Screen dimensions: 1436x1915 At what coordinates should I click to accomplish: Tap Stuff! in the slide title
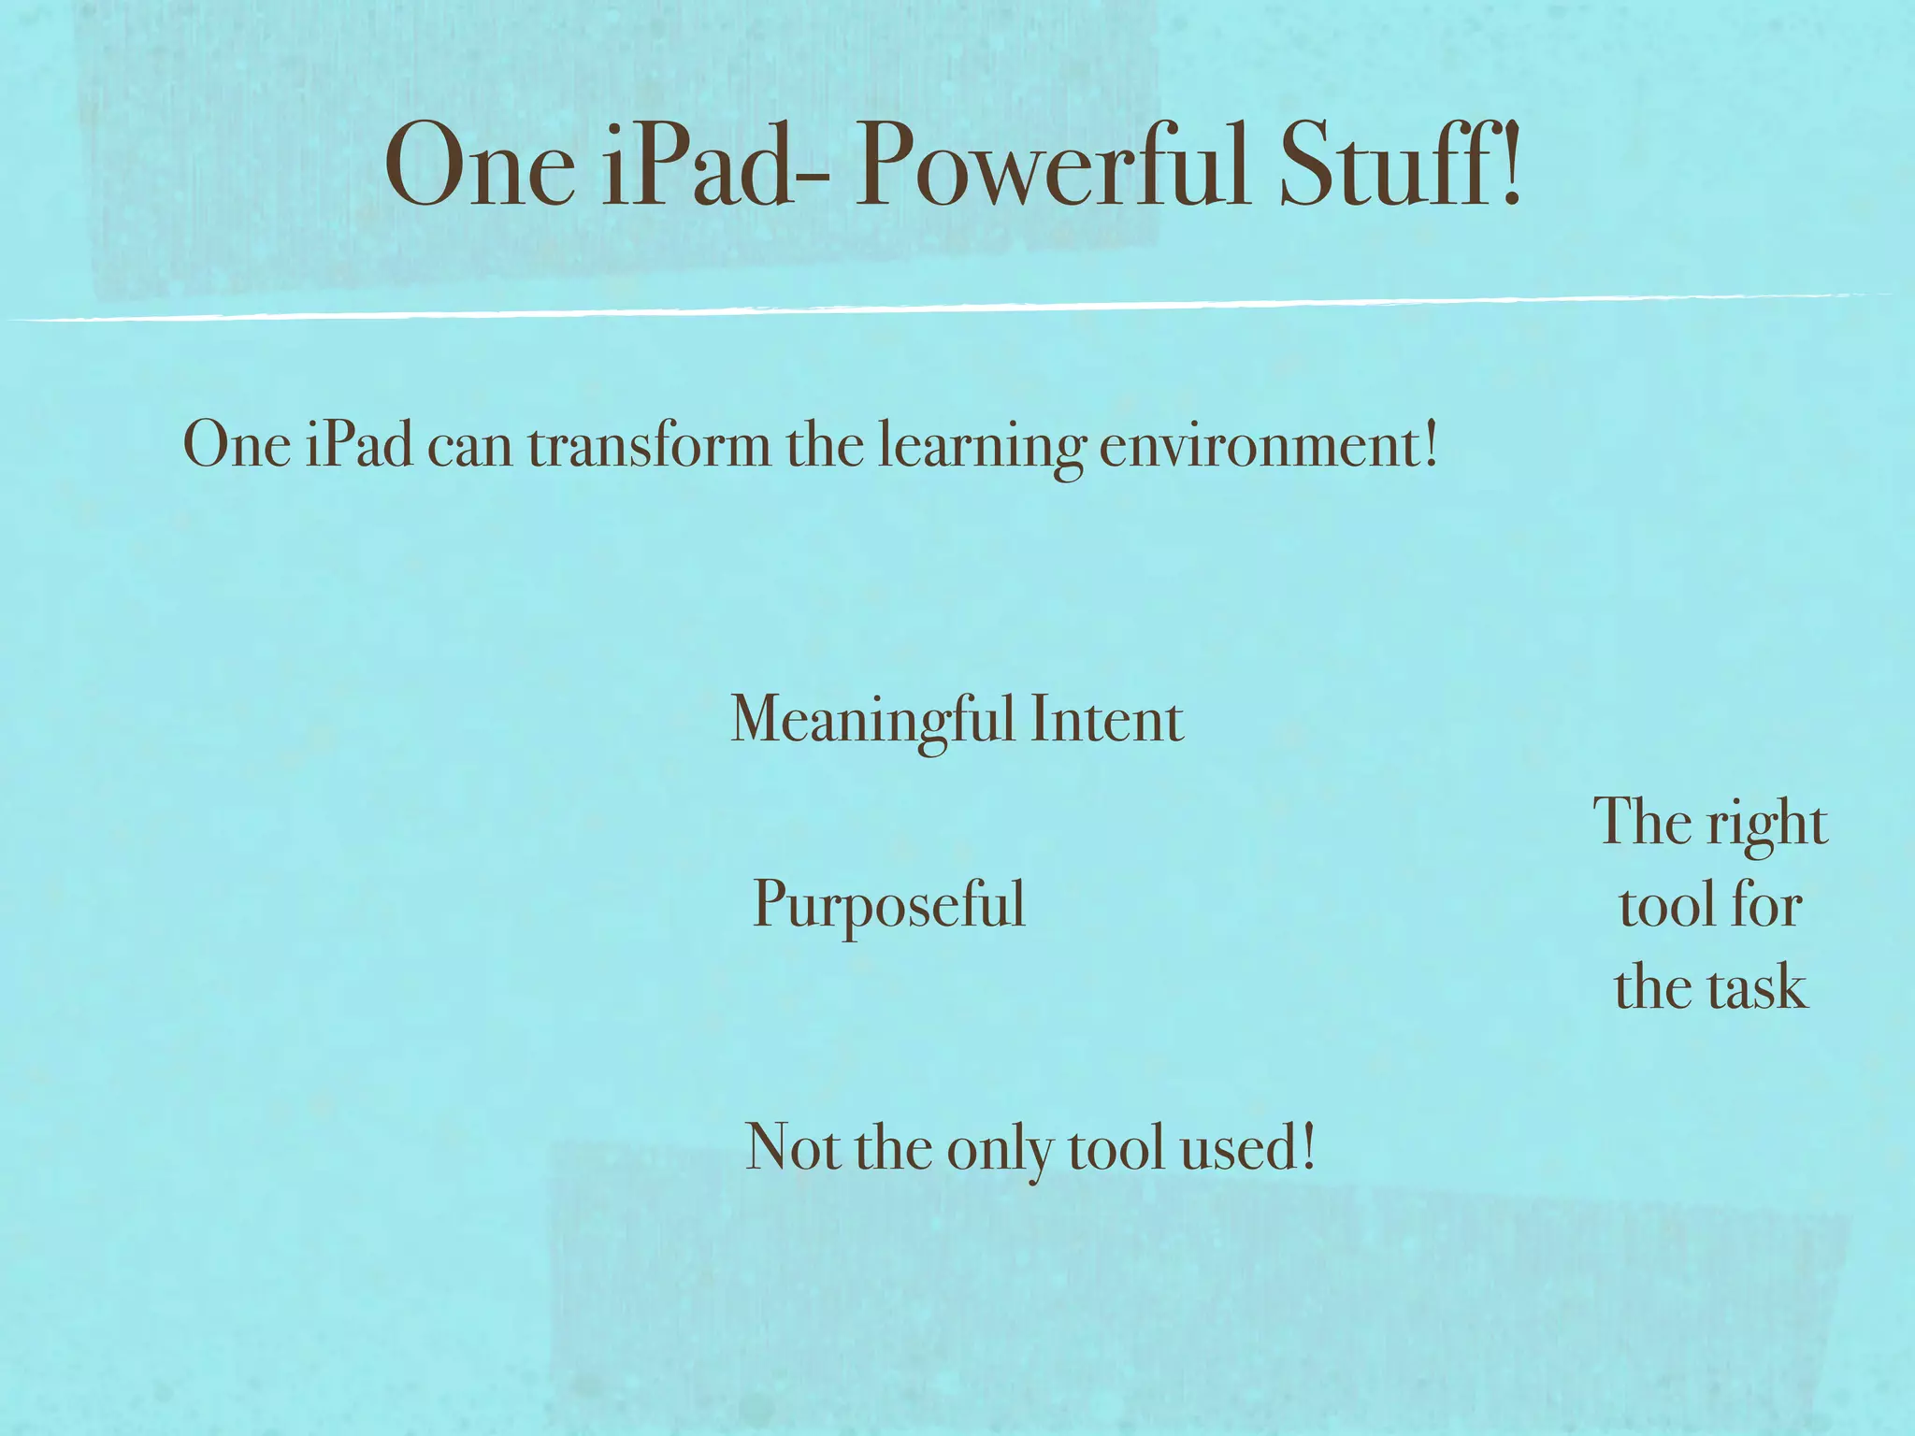coord(1400,165)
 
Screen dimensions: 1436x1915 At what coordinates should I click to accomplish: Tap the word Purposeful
coord(889,905)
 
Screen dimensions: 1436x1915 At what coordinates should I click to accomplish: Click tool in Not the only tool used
coord(1116,1148)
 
